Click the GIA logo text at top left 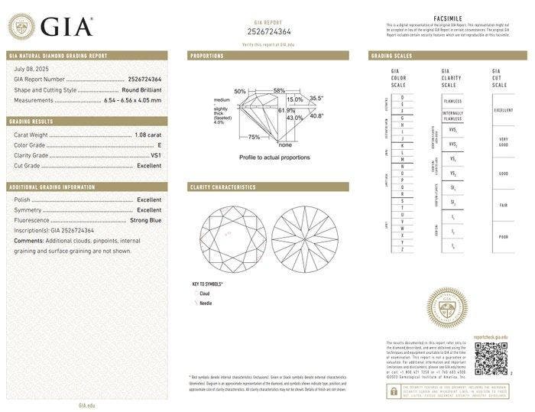point(66,27)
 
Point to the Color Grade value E point(159,144)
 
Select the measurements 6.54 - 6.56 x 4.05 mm point(131,99)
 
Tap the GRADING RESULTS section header point(31,122)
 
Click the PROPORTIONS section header point(206,56)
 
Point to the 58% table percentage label point(279,90)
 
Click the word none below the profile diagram point(284,144)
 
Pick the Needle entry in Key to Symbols point(206,303)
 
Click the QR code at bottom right point(490,358)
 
